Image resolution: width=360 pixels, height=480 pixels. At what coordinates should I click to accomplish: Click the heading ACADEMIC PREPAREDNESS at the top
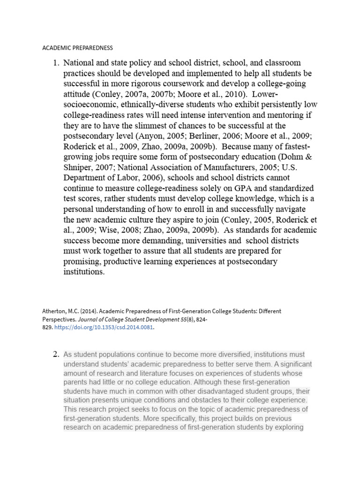pos(78,48)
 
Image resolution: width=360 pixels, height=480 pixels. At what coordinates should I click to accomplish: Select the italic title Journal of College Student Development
pos(141,319)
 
